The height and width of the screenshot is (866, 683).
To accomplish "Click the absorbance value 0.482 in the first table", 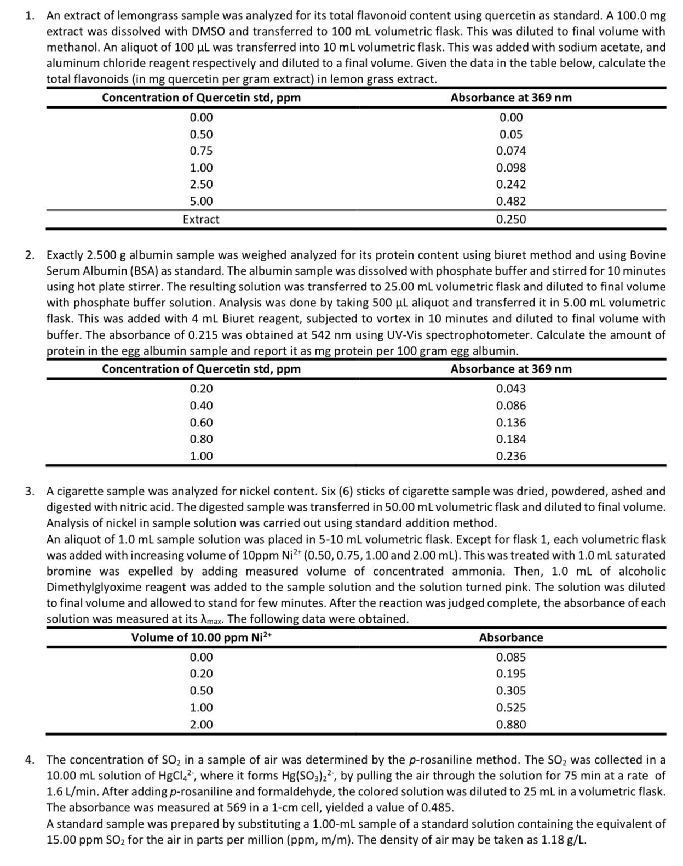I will [510, 201].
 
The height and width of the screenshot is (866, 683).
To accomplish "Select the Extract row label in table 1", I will [201, 219].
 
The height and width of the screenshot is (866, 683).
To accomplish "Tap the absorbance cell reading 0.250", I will [510, 219].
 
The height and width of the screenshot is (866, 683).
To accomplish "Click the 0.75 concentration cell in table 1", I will [201, 151].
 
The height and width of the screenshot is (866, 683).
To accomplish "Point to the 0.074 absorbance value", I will [510, 151].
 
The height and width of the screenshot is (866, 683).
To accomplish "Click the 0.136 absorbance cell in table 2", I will [510, 423].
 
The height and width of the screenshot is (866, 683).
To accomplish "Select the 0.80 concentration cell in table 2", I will [201, 439].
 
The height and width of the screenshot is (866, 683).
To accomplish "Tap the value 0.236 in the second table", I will [510, 456].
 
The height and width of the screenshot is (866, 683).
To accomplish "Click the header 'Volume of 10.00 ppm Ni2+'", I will [201, 637].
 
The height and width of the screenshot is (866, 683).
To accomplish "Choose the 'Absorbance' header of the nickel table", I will [510, 637].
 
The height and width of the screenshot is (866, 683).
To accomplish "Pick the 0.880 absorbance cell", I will [510, 725].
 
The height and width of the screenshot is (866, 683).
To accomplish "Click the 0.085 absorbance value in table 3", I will [510, 657].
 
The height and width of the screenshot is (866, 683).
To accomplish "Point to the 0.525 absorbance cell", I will [510, 708].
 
